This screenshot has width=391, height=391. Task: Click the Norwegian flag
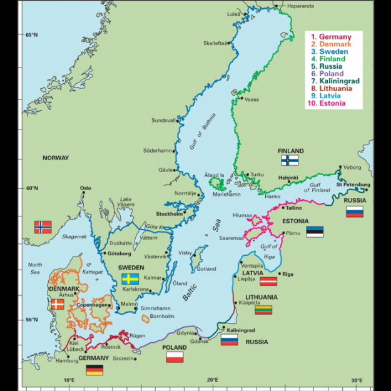43,226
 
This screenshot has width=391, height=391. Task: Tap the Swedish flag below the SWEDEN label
130,278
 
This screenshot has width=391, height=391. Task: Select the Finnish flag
289,160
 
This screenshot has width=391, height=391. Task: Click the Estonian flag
315,231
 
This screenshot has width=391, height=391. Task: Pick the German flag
94,370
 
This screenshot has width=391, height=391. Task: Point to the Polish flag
175,357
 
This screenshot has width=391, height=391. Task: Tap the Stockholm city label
168,214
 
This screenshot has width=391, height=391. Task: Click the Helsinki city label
288,178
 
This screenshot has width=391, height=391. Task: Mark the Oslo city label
85,188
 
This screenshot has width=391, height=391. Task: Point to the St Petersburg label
352,185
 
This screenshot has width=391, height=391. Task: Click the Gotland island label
206,269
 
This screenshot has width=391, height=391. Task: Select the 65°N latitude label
31,35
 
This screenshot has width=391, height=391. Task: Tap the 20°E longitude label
213,380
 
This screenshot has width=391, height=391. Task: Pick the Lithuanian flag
263,309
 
